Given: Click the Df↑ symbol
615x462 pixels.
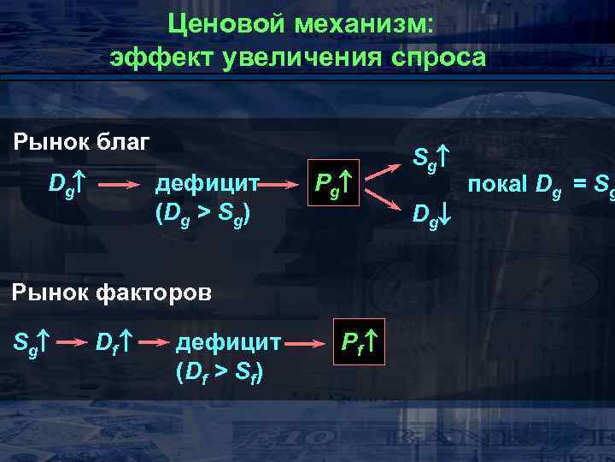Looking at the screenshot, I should pos(112,343).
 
